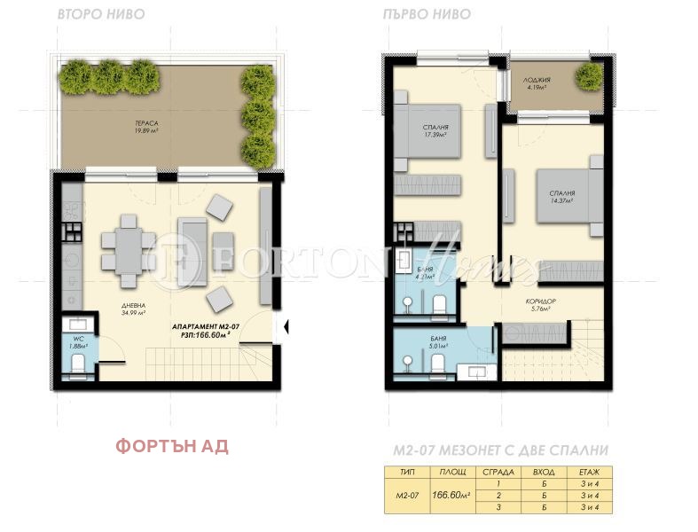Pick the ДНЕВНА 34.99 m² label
tap(134, 310)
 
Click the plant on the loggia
tap(587, 76)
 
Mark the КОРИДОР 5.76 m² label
tap(541, 305)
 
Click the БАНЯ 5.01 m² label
tap(435, 344)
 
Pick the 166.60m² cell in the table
tap(450, 495)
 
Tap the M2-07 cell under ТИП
tap(403, 495)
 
